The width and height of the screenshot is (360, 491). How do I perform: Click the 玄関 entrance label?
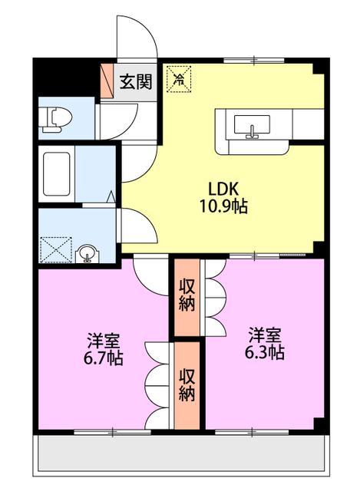tap(136, 81)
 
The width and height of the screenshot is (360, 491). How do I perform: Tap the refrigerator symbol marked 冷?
tap(179, 78)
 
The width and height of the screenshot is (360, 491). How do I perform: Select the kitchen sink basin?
tap(252, 124)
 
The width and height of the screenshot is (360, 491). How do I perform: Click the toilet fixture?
tap(57, 118)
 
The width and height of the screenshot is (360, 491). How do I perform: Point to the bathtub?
tap(56, 174)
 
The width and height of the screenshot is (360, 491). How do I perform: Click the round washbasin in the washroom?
tap(88, 253)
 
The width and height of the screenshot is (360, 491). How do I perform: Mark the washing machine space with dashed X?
tap(56, 249)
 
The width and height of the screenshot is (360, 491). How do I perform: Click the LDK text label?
tap(223, 189)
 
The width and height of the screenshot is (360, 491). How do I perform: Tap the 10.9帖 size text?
tap(223, 206)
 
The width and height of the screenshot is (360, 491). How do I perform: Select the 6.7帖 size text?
tap(103, 358)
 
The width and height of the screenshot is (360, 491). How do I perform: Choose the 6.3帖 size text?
tap(265, 352)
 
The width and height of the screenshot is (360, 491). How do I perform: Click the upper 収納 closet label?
tap(187, 295)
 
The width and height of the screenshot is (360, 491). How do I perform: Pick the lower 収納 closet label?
tap(187, 385)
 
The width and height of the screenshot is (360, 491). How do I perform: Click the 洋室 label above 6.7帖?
tap(103, 341)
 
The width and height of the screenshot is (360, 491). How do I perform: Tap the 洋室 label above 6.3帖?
tap(265, 334)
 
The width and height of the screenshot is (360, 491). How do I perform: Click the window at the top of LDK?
tap(254, 61)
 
